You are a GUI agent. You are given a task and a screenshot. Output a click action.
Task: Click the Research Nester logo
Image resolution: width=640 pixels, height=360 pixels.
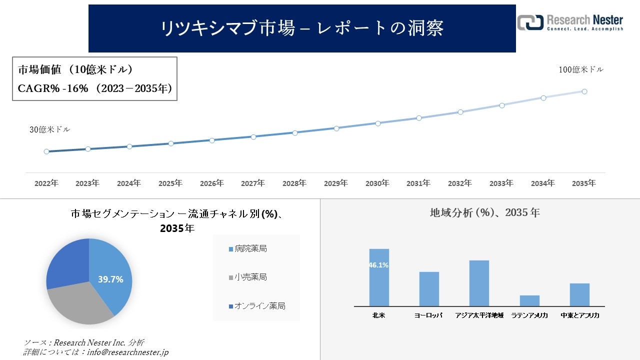pos(570,22)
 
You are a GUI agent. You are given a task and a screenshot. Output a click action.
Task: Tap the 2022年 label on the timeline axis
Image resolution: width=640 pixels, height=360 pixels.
pos(46,183)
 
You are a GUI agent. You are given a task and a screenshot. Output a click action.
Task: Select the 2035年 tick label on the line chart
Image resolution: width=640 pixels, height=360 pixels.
pos(584,183)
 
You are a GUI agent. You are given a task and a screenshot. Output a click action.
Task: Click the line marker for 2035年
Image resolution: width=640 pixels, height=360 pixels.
pos(584,91)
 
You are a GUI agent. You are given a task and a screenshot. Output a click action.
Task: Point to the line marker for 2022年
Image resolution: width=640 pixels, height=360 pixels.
pos(46,151)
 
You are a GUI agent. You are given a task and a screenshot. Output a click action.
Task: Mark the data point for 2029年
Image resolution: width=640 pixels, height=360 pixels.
pos(336,128)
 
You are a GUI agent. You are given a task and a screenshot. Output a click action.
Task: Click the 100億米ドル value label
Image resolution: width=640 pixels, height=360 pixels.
pos(581,70)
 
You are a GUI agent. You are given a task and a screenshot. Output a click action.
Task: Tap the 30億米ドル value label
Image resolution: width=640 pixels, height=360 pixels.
pos(49,129)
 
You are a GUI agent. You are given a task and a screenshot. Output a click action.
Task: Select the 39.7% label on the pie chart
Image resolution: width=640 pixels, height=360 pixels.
pos(110,279)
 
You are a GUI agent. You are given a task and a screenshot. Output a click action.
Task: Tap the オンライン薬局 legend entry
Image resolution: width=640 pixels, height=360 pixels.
pos(257,306)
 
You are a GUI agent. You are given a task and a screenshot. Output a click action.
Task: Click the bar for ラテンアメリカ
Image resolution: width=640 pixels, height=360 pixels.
pos(529,300)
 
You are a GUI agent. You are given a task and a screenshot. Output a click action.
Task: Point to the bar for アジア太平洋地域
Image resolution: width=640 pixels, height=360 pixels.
pos(479,283)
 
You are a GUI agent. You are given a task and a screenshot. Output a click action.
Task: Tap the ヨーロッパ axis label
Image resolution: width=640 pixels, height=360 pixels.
pos(428,315)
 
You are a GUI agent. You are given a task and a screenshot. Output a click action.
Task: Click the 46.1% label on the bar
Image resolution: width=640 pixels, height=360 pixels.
pos(378,265)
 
